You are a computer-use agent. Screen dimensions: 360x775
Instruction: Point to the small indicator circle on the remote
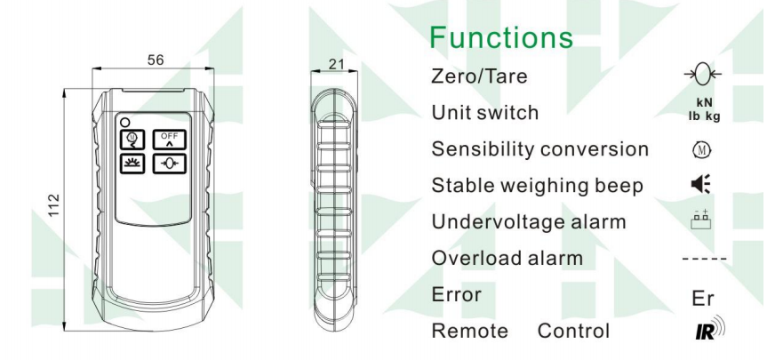pos(127,121)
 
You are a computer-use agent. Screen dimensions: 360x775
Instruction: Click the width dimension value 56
pos(156,59)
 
